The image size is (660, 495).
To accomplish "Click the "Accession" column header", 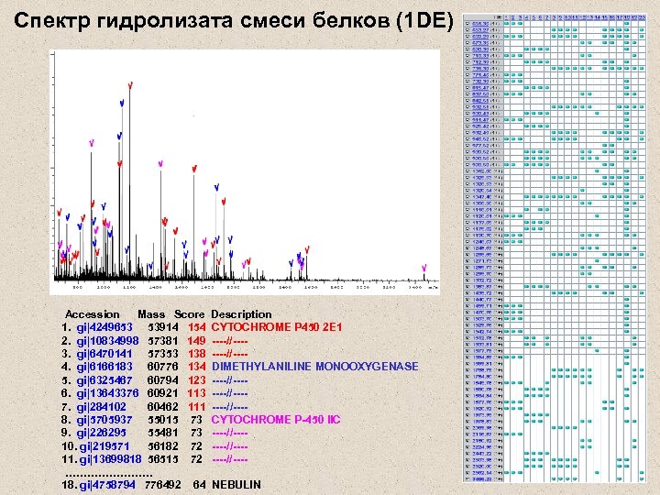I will (92, 314).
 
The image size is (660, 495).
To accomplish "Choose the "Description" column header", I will (241, 314).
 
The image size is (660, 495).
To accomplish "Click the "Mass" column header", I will (151, 314).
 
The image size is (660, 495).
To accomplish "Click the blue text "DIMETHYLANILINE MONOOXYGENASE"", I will (314, 367).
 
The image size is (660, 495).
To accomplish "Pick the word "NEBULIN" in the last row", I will (236, 484).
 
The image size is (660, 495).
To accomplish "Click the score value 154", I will (195, 327).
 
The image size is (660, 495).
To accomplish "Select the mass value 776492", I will (162, 484).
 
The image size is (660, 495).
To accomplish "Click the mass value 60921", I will (162, 392).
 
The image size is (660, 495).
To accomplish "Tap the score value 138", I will (195, 354).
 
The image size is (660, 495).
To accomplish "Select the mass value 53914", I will (162, 327).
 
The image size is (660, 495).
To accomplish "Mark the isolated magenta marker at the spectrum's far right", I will (424, 267).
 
